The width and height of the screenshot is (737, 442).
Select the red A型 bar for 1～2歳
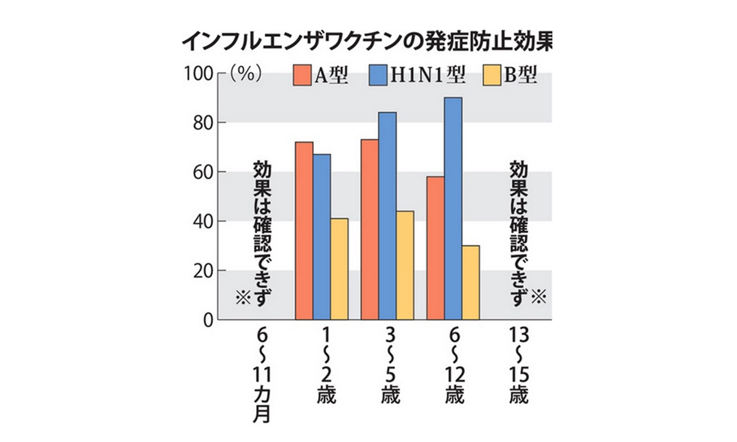pos(304,231)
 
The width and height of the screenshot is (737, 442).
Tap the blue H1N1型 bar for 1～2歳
pos(322,237)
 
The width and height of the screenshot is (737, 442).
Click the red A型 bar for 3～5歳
pos(370,230)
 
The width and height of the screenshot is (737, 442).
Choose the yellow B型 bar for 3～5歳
pos(405,265)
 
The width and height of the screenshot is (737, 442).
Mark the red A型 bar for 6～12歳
pos(435,248)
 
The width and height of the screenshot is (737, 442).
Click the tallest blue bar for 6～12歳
pos(453,209)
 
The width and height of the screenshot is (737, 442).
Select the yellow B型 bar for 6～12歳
pos(470,282)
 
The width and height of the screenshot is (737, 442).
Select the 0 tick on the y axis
pos(207,320)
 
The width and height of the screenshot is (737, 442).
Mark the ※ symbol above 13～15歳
pos(538,297)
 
